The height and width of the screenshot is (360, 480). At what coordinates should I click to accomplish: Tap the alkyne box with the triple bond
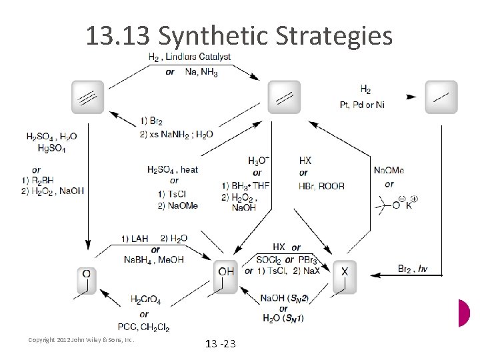[x=88, y=97]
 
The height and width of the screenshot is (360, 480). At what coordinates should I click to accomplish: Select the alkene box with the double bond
[x=284, y=97]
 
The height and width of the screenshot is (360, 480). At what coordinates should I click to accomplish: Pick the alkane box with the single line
[x=441, y=97]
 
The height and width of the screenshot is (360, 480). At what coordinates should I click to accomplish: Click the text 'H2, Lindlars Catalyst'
[x=190, y=57]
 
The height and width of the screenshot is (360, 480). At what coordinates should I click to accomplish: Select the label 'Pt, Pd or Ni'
[x=363, y=104]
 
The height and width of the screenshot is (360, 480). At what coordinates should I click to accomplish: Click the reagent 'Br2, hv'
[x=413, y=269]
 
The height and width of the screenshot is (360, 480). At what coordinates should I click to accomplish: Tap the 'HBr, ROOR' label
[x=321, y=185]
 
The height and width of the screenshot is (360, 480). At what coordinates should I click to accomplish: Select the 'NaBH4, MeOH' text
[x=154, y=259]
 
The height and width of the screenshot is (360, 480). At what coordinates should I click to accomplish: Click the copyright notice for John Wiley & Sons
[x=81, y=340]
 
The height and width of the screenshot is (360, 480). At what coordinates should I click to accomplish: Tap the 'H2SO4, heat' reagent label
[x=173, y=169]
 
